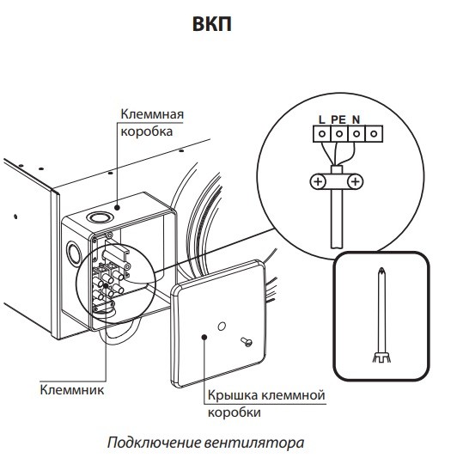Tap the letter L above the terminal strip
(x=320, y=119)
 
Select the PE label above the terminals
(x=338, y=119)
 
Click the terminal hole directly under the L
(x=321, y=135)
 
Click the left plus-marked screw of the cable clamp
(x=317, y=182)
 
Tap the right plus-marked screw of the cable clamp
(x=354, y=182)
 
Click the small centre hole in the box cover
(x=221, y=327)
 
